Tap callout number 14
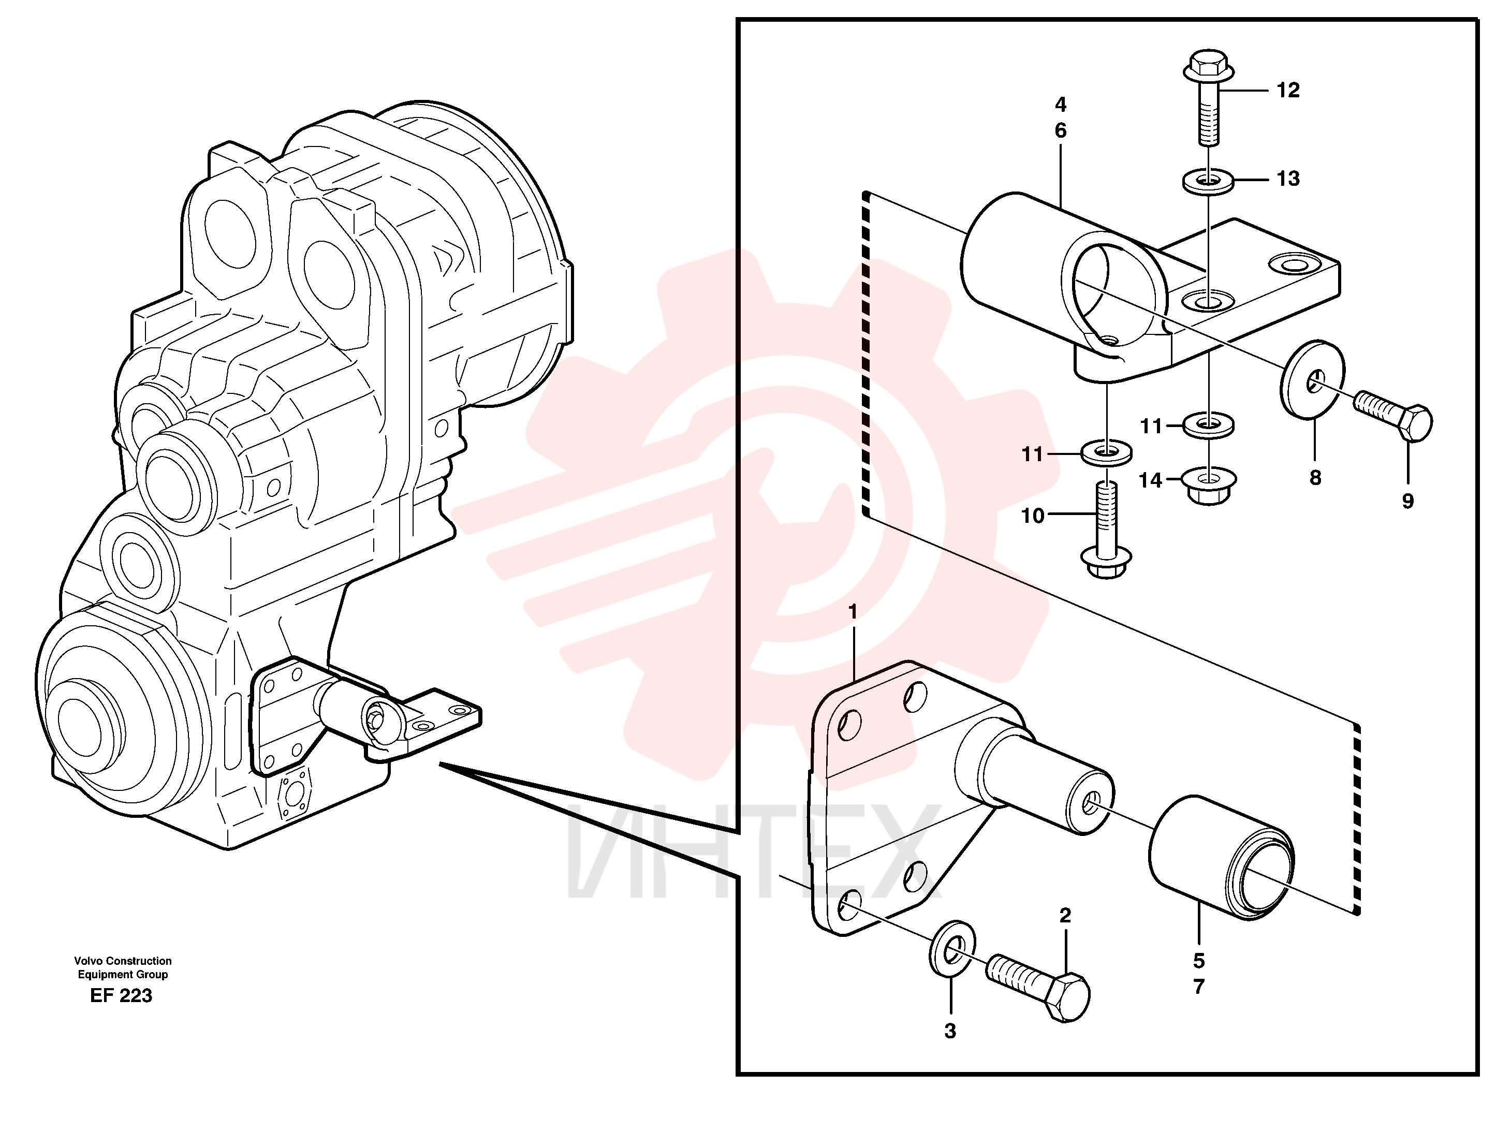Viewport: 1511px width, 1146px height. [x=1150, y=480]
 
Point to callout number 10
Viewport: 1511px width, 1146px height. [x=1032, y=516]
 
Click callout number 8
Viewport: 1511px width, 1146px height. [x=1316, y=478]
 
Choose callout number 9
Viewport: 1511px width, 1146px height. [x=1408, y=501]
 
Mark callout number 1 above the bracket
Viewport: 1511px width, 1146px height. [x=853, y=612]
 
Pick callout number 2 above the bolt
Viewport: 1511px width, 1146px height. [x=1065, y=916]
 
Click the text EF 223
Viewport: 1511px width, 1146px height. [x=122, y=996]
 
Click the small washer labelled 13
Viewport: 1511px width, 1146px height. [x=1208, y=182]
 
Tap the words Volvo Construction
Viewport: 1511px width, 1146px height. [x=123, y=961]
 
